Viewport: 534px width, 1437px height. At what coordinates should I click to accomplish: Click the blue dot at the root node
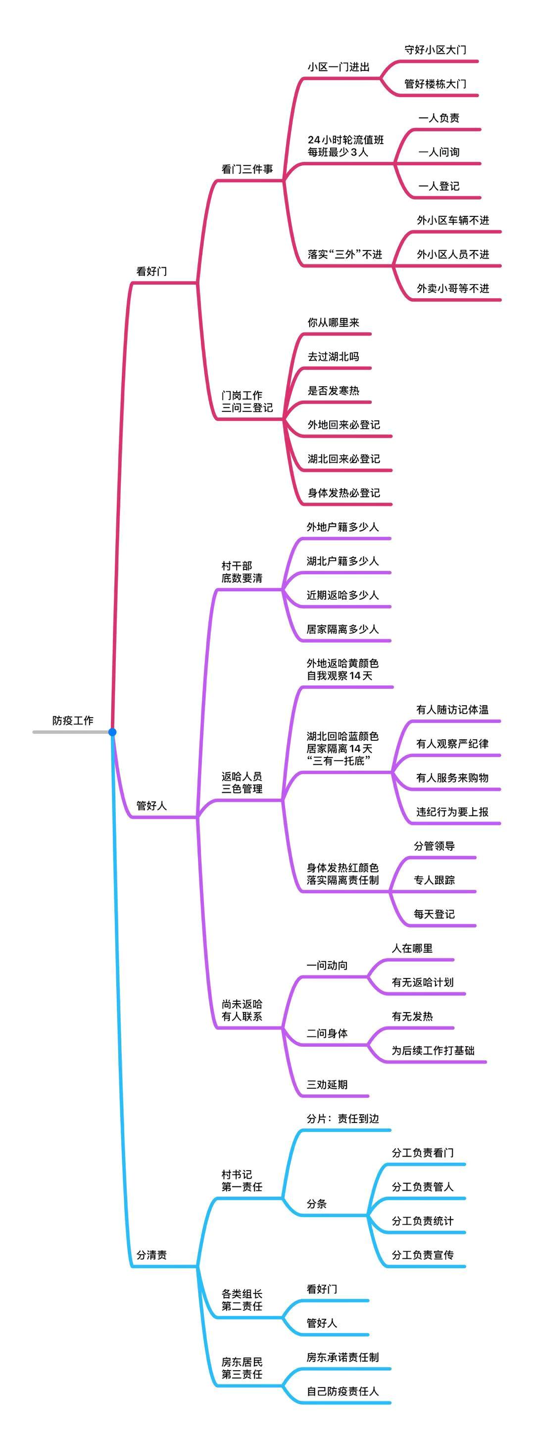point(112,731)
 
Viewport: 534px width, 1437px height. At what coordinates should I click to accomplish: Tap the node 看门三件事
point(247,169)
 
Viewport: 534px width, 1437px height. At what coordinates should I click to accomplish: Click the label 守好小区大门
point(436,50)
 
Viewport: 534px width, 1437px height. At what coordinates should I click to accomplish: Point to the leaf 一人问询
point(438,152)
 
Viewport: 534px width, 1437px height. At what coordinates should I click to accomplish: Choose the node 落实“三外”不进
point(344,255)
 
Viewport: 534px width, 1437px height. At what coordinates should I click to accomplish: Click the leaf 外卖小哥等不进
point(453,288)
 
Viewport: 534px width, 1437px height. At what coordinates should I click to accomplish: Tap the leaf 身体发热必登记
point(343,493)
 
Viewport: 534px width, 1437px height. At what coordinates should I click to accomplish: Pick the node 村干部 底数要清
point(242,572)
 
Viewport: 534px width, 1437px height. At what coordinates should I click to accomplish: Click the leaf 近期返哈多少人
point(342,595)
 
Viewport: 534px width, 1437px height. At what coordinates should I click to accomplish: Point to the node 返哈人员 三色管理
point(242,782)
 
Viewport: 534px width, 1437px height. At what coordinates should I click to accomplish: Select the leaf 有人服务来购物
point(452,777)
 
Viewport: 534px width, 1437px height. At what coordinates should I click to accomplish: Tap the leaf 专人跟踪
point(434,880)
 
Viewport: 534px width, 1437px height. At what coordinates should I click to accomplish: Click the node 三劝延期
point(327,1084)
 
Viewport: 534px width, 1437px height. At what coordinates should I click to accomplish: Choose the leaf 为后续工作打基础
point(433,1050)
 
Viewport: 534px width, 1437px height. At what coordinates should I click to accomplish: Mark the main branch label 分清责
point(151,1255)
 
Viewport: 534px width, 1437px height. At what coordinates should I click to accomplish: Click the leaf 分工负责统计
point(423,1221)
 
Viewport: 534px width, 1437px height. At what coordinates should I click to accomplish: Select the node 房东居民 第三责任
point(242,1368)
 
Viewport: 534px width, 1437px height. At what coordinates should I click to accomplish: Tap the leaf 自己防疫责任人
point(342,1390)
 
